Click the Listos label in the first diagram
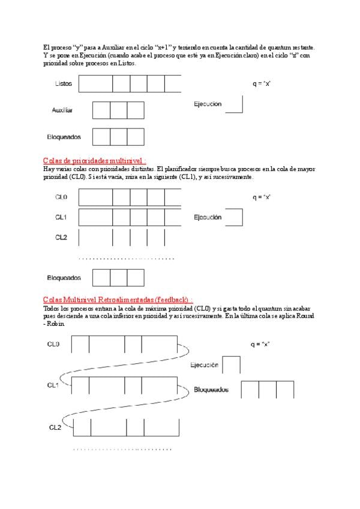pyautogui.click(x=64, y=83)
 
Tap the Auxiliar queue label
pyautogui.click(x=62, y=110)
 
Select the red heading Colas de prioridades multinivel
pyautogui.click(x=94, y=161)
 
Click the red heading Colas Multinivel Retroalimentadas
pyautogui.click(x=118, y=300)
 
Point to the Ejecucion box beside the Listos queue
pyautogui.click(x=234, y=104)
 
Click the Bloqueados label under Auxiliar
pyautogui.click(x=64, y=137)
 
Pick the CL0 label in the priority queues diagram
pyautogui.click(x=61, y=197)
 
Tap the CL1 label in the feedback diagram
pyautogui.click(x=53, y=385)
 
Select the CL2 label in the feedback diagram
pyautogui.click(x=55, y=427)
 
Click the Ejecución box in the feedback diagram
pyautogui.click(x=232, y=365)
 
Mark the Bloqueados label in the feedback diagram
pyautogui.click(x=211, y=389)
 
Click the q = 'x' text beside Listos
pyautogui.click(x=262, y=83)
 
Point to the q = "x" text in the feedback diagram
pyautogui.click(x=260, y=344)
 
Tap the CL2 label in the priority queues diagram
pyautogui.click(x=61, y=237)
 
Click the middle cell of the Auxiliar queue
pyautogui.click(x=118, y=110)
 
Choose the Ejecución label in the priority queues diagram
pyautogui.click(x=208, y=217)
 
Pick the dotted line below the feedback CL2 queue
pyautogui.click(x=122, y=449)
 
